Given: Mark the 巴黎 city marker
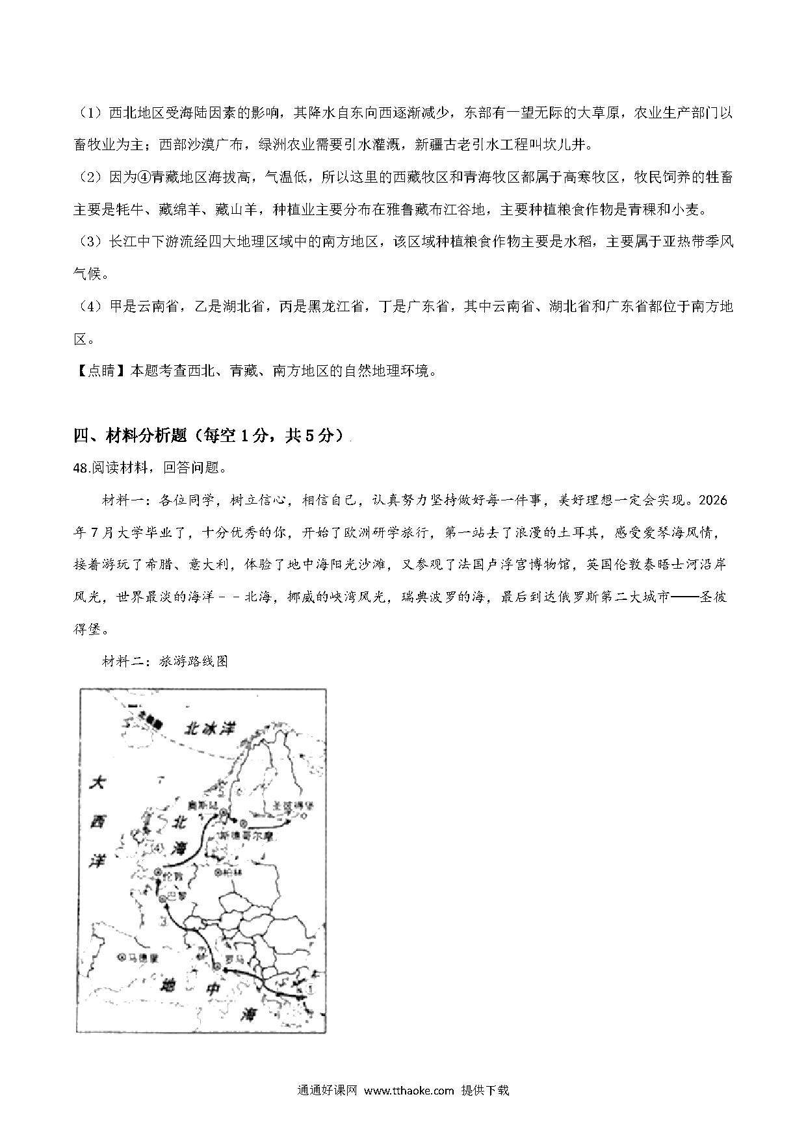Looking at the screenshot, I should tap(162, 899).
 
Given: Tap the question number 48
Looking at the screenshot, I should tap(82, 468).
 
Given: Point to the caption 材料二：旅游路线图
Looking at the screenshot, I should tap(165, 662).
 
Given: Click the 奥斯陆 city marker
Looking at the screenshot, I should tap(224, 813).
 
